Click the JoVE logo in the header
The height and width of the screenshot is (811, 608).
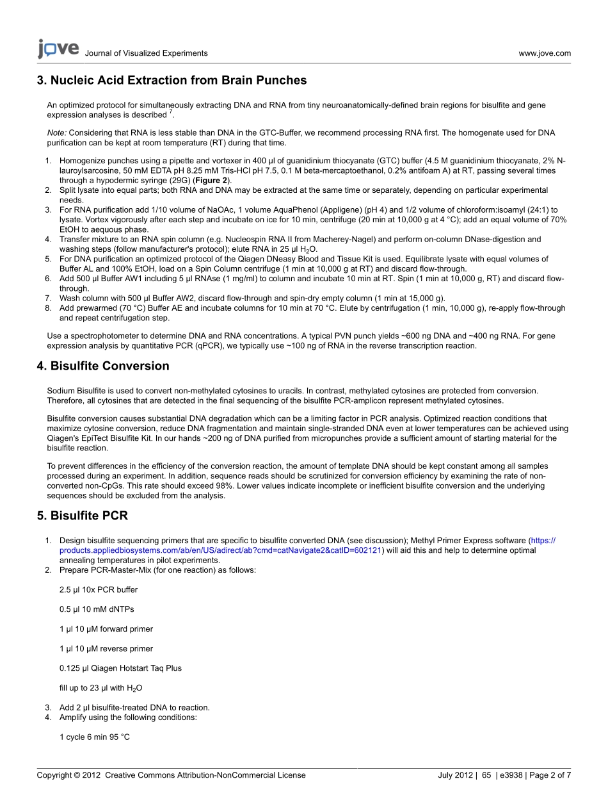click(58, 49)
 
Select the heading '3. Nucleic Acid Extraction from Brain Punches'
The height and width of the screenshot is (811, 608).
click(172, 81)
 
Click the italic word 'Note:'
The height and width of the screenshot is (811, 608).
click(56, 133)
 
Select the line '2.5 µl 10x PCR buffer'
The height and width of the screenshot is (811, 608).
click(99, 589)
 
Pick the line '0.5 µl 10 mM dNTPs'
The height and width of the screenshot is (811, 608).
click(97, 609)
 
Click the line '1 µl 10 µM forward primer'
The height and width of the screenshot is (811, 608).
click(106, 629)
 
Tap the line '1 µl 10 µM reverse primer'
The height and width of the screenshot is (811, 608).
click(106, 649)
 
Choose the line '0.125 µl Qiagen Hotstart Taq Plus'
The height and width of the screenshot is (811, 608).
click(120, 668)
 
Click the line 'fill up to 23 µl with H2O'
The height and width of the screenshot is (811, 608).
click(100, 688)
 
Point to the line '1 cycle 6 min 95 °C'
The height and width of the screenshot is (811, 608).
click(95, 737)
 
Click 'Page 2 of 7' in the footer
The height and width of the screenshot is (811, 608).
click(551, 775)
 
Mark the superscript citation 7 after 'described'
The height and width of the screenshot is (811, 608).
click(170, 113)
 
